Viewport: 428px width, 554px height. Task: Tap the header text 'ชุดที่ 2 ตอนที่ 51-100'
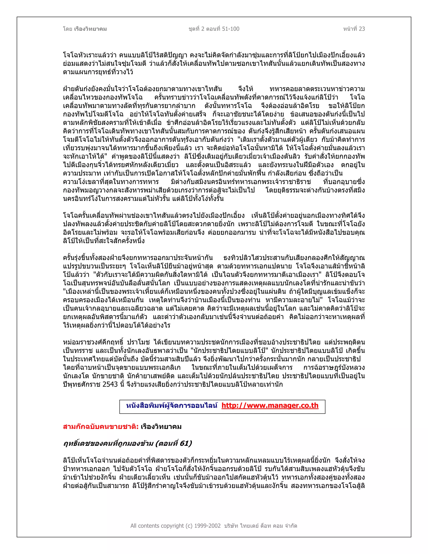[214, 29]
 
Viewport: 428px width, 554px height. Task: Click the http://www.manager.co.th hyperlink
[270, 406]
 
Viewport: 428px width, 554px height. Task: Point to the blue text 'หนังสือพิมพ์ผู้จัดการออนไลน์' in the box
[171, 406]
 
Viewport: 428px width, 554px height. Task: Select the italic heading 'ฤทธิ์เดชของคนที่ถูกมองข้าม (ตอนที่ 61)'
[127, 444]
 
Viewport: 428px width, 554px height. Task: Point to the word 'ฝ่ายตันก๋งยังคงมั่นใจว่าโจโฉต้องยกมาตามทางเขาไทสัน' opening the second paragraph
[142, 89]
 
